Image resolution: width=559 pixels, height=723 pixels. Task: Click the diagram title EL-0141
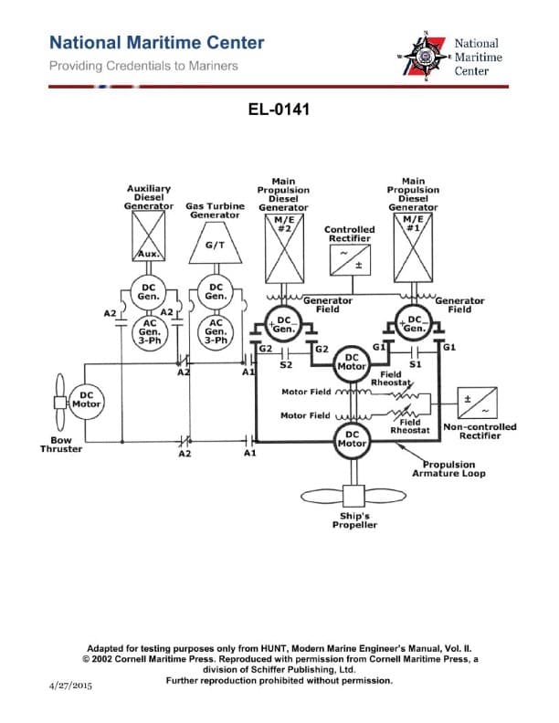279,110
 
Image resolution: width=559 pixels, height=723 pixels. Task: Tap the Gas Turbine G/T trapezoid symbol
216,245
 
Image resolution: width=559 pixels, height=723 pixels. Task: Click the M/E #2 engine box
283,247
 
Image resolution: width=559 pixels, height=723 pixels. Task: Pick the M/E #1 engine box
413,247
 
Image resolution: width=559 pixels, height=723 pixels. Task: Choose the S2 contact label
285,364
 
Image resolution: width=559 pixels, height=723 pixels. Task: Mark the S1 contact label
414,364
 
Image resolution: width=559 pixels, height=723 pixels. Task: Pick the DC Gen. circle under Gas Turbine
216,291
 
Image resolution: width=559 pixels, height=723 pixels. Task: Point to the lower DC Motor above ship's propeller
351,439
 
